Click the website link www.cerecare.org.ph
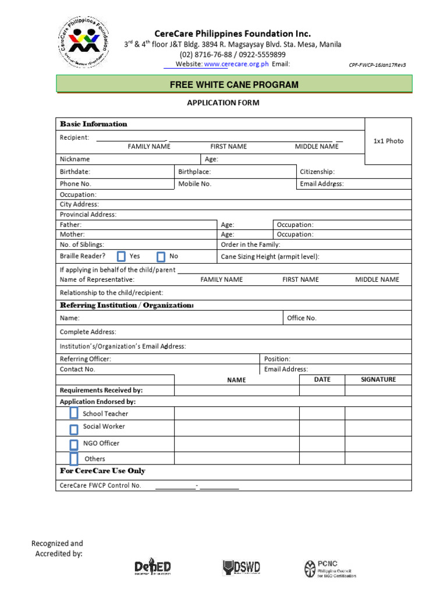coord(236,64)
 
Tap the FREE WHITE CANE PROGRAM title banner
coord(234,84)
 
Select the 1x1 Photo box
coord(388,141)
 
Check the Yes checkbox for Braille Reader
coord(121,256)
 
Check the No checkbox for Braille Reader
coord(161,256)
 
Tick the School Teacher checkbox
coord(74,413)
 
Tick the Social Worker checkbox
coord(74,430)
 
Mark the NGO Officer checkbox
coord(74,445)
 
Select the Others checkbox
coord(74,459)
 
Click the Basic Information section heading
coord(93,124)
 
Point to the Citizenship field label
coord(317,172)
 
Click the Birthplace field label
coord(194,172)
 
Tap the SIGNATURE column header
coord(378,379)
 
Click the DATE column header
coord(322,379)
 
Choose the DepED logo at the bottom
coord(152,567)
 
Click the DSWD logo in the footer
coord(241,567)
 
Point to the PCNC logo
coord(329,568)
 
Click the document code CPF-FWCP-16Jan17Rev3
coord(377,65)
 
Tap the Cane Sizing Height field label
coord(270,257)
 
